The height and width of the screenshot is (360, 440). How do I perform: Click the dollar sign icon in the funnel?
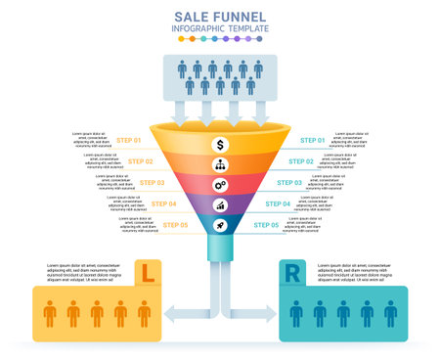[x=221, y=144]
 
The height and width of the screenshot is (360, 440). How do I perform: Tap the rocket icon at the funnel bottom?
[x=221, y=224]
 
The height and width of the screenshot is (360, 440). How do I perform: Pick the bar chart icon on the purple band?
[x=221, y=205]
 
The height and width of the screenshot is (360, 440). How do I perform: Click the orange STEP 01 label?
[x=130, y=141]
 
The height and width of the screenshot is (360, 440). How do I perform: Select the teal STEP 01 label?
[x=313, y=141]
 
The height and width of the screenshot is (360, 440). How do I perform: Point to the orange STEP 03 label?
[x=152, y=182]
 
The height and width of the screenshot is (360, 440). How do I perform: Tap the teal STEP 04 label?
[x=279, y=203]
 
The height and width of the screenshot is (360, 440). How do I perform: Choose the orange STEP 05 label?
[x=175, y=225]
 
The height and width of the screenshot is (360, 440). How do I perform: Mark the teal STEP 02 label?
[x=301, y=161]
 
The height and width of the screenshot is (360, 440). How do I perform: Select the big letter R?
[x=292, y=274]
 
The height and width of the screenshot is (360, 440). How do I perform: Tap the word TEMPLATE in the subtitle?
[x=247, y=30]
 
